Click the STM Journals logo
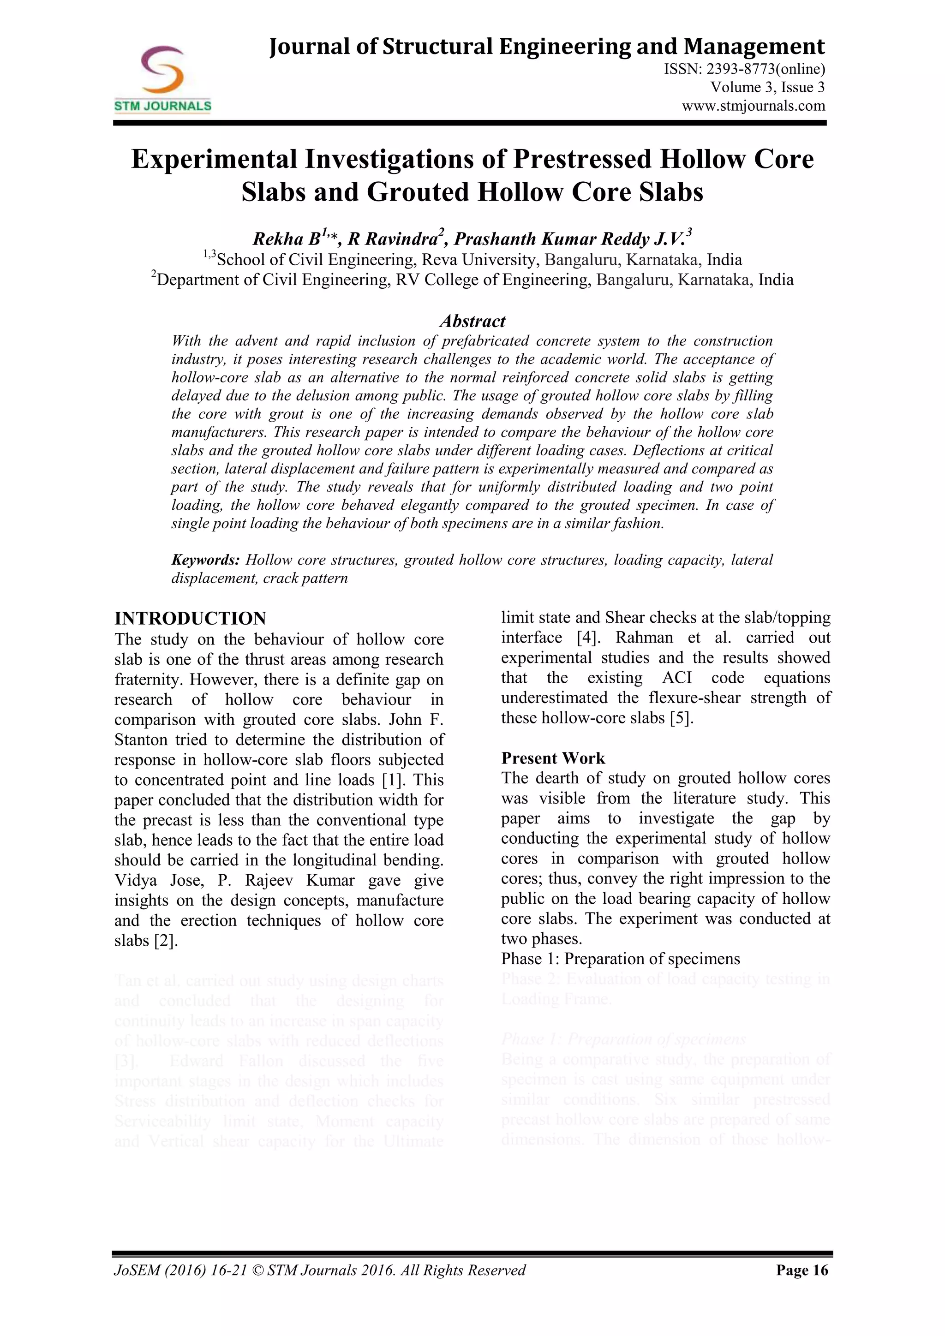(x=162, y=78)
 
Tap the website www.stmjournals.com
(x=754, y=106)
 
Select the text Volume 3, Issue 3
(x=767, y=88)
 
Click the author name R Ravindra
(x=392, y=239)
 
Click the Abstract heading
(x=472, y=321)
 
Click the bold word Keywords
(x=205, y=560)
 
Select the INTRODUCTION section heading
(x=190, y=618)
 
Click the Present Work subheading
(x=553, y=758)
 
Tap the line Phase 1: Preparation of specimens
(x=620, y=959)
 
